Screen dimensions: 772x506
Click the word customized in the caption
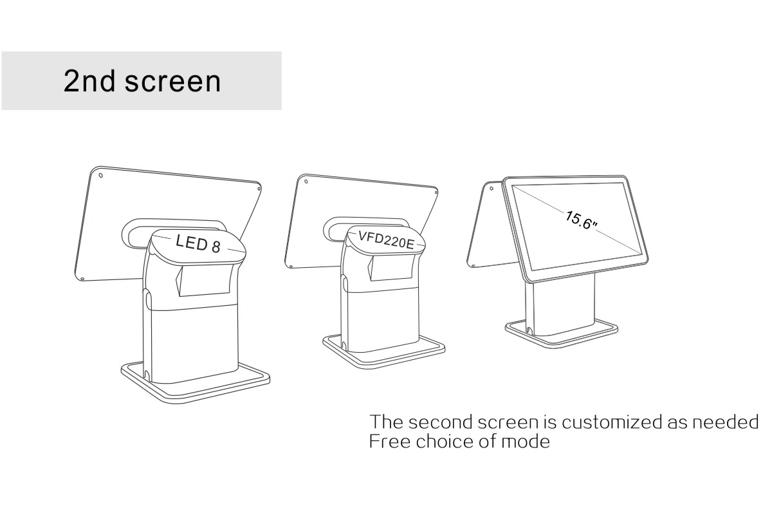coord(609,423)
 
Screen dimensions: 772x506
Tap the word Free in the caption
coord(389,442)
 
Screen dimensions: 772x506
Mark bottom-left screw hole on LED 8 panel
coord(82,278)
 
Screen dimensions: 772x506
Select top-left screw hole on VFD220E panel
coord(306,181)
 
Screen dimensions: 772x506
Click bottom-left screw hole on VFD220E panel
coord(291,266)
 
